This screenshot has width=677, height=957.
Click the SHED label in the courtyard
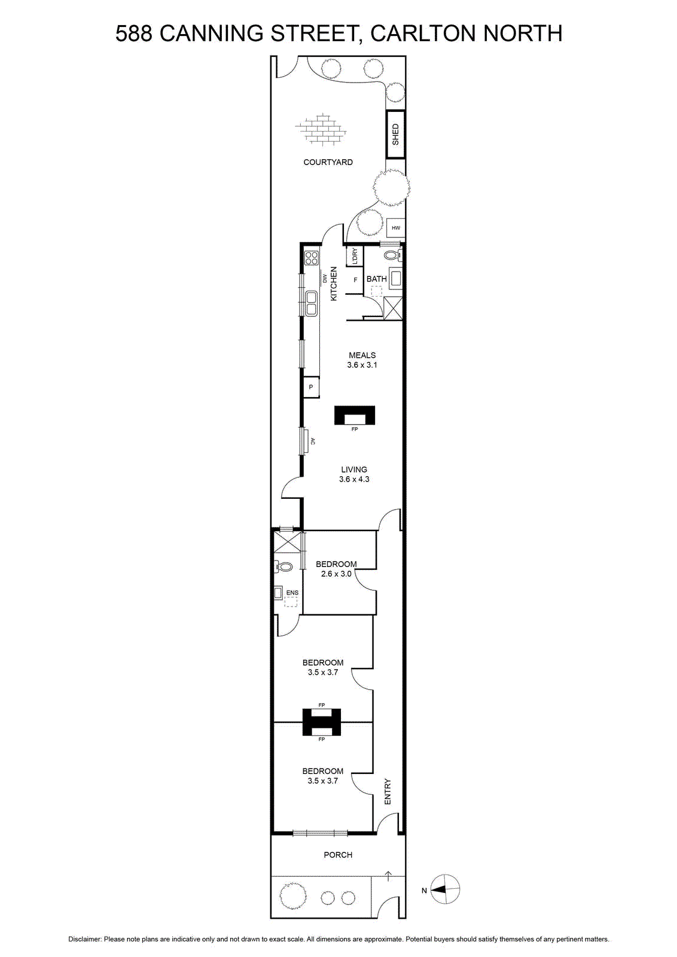tap(395, 134)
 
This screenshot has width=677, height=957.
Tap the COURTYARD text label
tap(328, 162)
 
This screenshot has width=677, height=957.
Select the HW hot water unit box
tap(395, 228)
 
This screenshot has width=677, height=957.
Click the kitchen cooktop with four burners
tap(312, 258)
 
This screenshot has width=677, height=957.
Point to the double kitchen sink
tap(312, 303)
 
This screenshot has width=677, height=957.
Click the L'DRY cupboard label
tap(355, 257)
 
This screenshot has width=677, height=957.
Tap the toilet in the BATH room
tap(392, 255)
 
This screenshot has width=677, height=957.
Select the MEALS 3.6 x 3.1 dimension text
tap(362, 359)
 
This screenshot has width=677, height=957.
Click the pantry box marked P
tap(311, 388)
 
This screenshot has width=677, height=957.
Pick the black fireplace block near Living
tap(355, 415)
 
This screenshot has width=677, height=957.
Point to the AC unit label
tap(313, 441)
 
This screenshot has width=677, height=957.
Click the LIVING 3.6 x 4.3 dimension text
tap(354, 474)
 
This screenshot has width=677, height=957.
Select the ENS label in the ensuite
tap(292, 593)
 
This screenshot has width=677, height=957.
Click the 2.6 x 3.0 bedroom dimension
tap(336, 574)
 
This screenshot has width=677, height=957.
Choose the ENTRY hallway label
tap(388, 792)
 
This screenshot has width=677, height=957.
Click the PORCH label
tap(338, 855)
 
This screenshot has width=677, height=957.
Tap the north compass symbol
tap(444, 890)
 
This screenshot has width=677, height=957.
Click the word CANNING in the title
tap(212, 33)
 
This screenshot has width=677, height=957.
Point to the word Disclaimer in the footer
tap(85, 940)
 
